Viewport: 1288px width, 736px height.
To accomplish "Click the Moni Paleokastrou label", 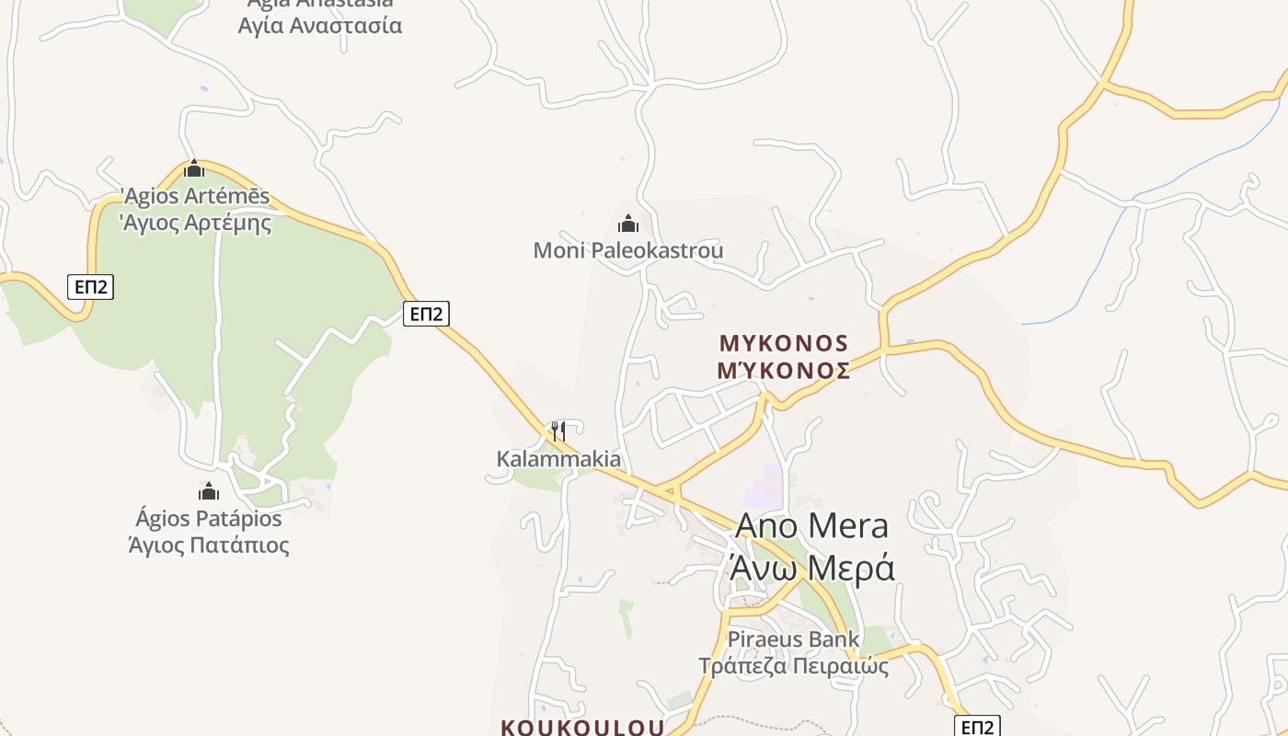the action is pos(628,250).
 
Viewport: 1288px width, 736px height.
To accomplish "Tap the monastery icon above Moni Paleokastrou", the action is pos(628,224).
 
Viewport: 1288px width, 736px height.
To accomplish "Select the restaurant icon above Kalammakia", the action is pos(558,431).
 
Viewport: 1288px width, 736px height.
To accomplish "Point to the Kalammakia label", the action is pos(558,459).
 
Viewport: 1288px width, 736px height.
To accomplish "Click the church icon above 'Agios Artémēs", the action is pos(194,168).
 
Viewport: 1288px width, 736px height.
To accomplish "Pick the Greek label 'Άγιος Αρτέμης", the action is pos(196,223).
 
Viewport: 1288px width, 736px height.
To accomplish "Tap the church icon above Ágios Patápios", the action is pos(209,491).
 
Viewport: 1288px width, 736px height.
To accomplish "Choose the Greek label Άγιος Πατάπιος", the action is pos(209,545).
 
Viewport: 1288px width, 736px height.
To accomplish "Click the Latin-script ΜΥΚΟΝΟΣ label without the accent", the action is pos(784,344).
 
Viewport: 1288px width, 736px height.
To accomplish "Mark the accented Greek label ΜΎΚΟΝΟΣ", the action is pos(784,370).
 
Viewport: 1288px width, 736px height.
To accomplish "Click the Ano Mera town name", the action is pos(812,525).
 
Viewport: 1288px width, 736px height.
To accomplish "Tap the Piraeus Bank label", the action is pos(793,639).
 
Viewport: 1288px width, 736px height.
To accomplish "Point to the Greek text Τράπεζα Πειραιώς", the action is pos(793,665).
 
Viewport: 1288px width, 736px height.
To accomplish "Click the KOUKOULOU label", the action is pos(582,727).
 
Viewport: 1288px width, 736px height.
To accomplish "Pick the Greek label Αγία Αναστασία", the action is pos(320,25).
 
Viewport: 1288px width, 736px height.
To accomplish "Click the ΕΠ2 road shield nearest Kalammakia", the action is pos(426,314).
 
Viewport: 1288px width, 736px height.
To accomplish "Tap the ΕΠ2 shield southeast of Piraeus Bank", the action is pos(976,727).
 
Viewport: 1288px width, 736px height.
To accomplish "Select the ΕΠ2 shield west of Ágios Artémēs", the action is pos(90,287).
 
